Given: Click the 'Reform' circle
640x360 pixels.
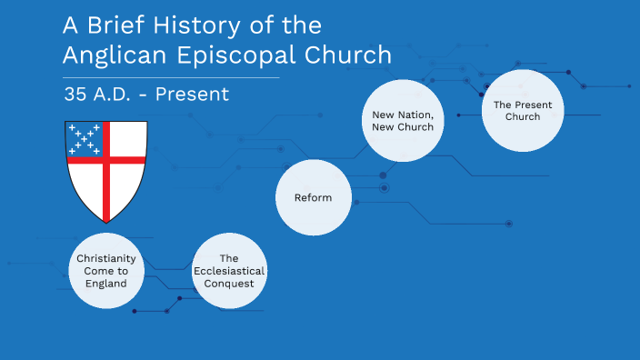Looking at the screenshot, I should pyautogui.click(x=313, y=197).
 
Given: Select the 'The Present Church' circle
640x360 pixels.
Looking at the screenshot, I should pyautogui.click(x=516, y=111).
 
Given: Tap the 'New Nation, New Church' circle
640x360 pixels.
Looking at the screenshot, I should pyautogui.click(x=402, y=121).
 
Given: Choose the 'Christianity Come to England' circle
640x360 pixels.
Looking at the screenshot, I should pyautogui.click(x=106, y=271).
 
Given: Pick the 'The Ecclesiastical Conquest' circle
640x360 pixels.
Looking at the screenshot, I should pyautogui.click(x=229, y=271).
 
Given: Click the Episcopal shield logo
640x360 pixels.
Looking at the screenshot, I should pyautogui.click(x=106, y=171).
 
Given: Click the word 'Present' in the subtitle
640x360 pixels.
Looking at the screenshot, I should pyautogui.click(x=192, y=94).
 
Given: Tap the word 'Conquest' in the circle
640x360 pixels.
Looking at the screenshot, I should pyautogui.click(x=229, y=284).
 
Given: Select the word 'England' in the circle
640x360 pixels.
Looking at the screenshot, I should pyautogui.click(x=106, y=284).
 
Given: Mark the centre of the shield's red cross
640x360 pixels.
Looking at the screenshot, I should pyautogui.click(x=106, y=159).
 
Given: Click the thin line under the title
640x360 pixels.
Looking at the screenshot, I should pyautogui.click(x=171, y=78).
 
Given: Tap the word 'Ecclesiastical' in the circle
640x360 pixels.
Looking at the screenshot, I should pyautogui.click(x=229, y=271).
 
